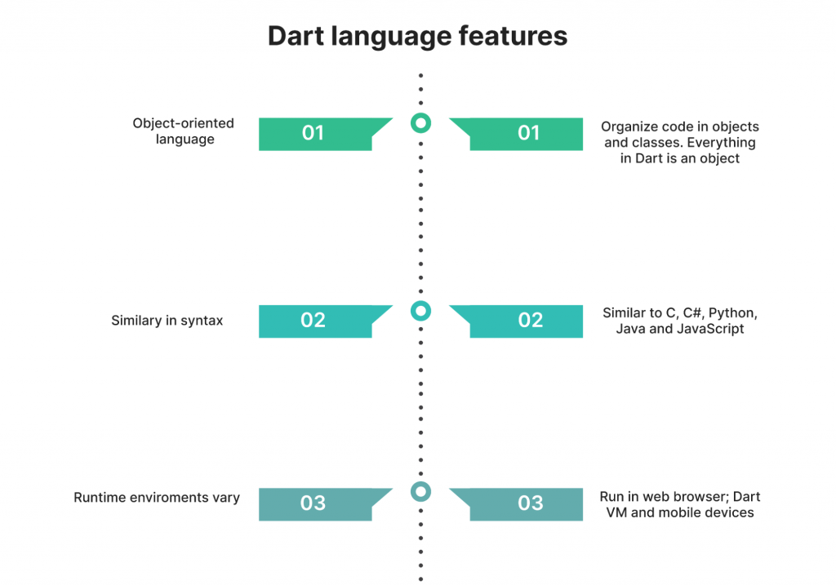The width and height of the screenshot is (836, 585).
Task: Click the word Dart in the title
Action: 296,36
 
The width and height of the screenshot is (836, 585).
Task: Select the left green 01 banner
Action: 320,134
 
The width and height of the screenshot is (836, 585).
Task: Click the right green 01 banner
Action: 522,134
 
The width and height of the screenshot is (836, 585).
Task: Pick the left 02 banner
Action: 320,321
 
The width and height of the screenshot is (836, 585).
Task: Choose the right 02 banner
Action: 522,321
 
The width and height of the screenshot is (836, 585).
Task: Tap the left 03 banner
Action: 320,504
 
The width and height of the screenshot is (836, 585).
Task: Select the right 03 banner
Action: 522,504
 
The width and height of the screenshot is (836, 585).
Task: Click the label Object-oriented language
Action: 184,131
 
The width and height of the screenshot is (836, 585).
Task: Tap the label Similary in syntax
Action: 167,320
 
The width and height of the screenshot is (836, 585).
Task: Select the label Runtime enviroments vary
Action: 157,498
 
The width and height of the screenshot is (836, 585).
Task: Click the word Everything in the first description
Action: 721,143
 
